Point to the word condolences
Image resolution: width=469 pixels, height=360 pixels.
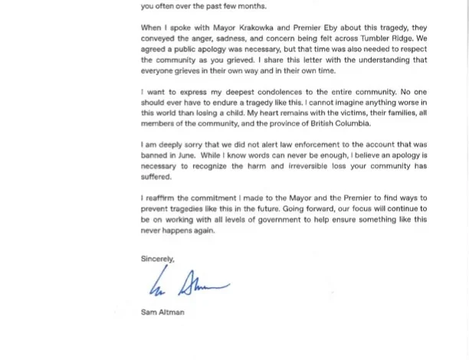[257, 92]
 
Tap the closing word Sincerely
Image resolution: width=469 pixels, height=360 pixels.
[158, 259]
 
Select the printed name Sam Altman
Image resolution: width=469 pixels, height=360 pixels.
[162, 313]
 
